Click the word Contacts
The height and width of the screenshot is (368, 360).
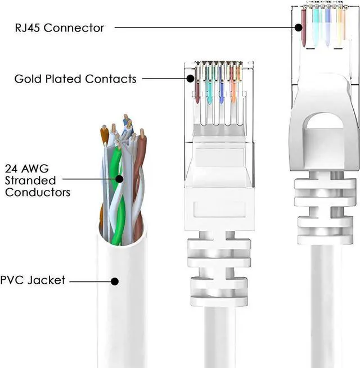point(112,79)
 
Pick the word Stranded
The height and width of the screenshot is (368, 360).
point(30,180)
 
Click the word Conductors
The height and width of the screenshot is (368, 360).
point(38,192)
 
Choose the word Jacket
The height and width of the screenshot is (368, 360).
point(47,280)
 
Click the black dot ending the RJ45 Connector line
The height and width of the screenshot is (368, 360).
point(299,27)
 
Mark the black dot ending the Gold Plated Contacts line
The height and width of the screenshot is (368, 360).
point(191,78)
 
